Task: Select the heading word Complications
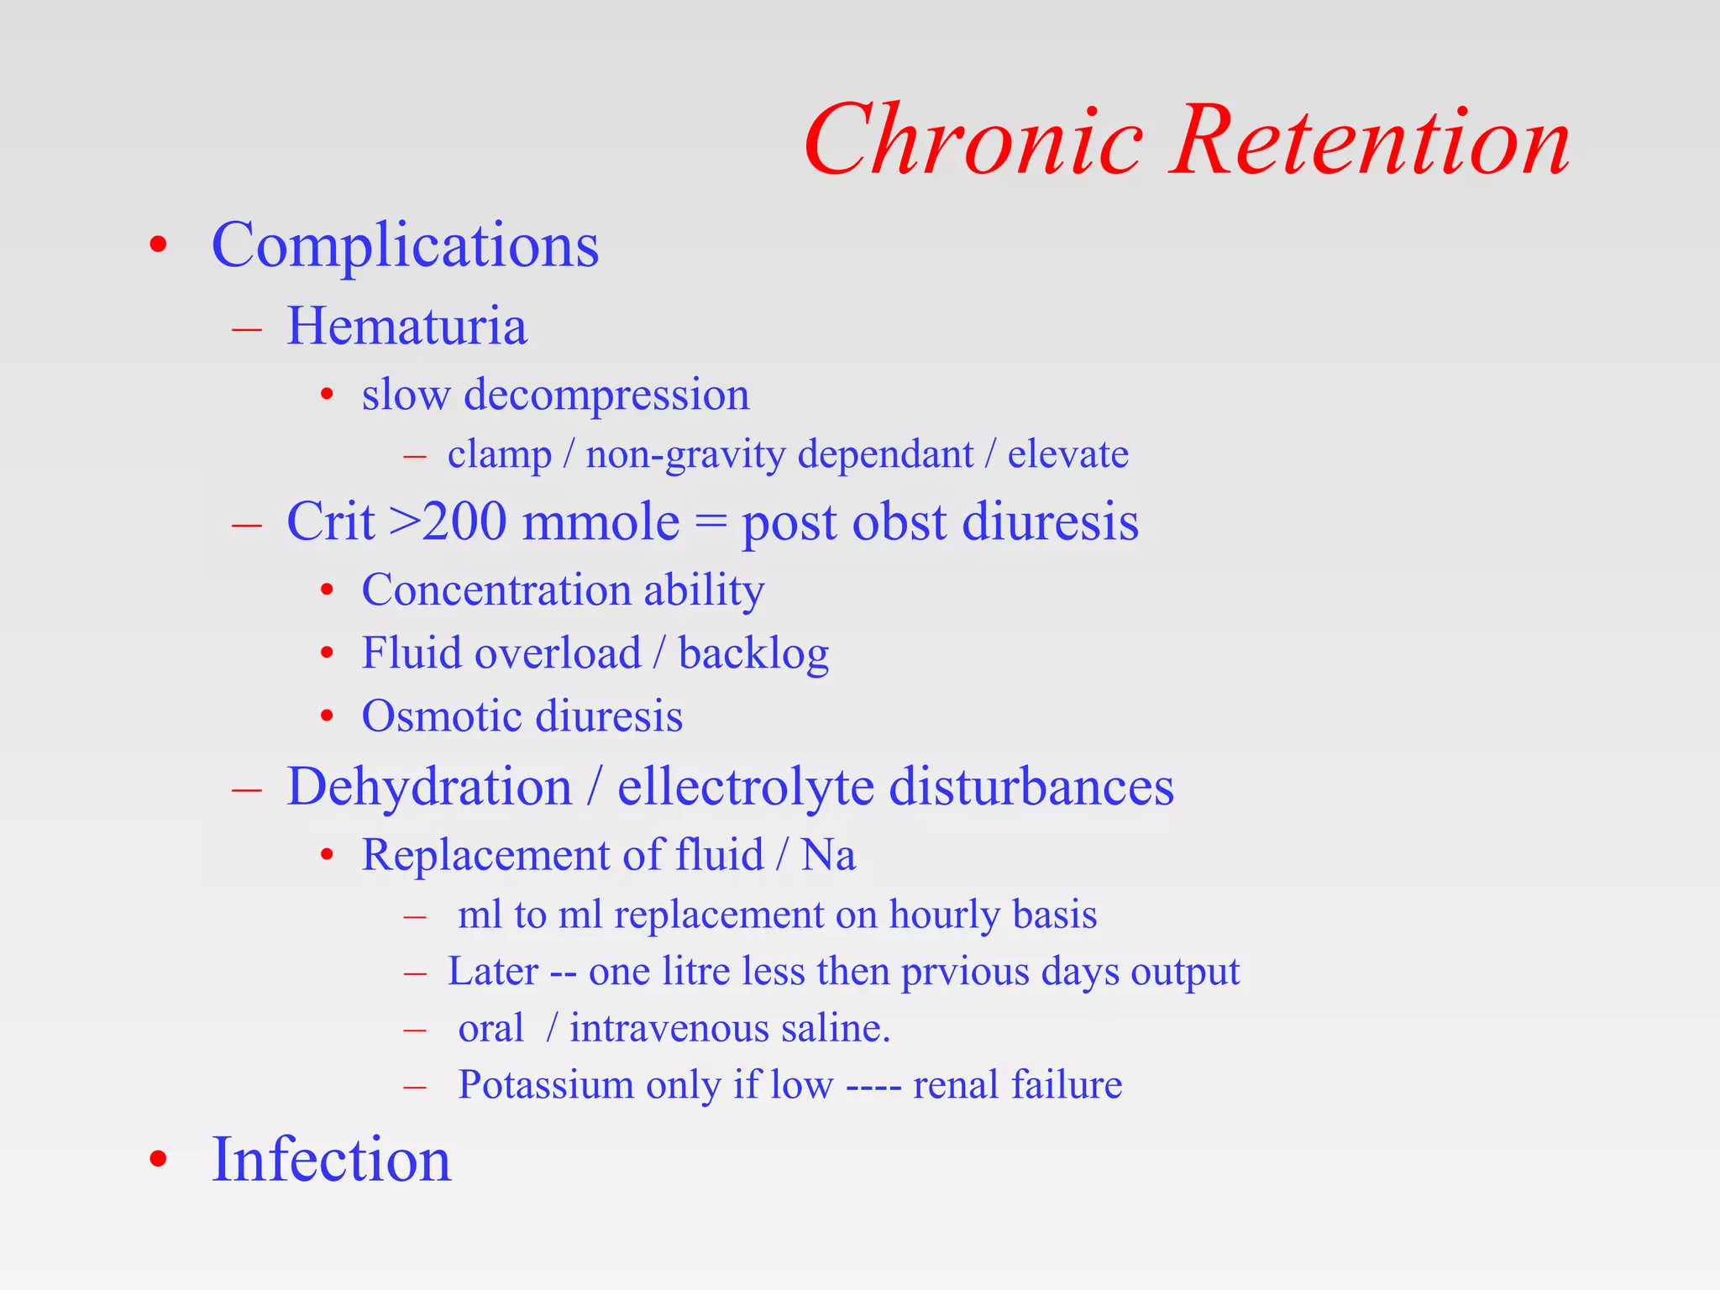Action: (x=405, y=245)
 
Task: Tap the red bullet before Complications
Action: (x=158, y=246)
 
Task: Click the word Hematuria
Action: (x=406, y=326)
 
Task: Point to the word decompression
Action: (x=606, y=395)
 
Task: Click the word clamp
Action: (x=500, y=454)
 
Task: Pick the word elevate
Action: (x=1067, y=454)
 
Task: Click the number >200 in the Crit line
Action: (x=448, y=522)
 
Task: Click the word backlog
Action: (x=753, y=654)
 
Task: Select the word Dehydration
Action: (x=429, y=787)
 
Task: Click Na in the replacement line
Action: (x=828, y=856)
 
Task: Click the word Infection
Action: (x=331, y=1160)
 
